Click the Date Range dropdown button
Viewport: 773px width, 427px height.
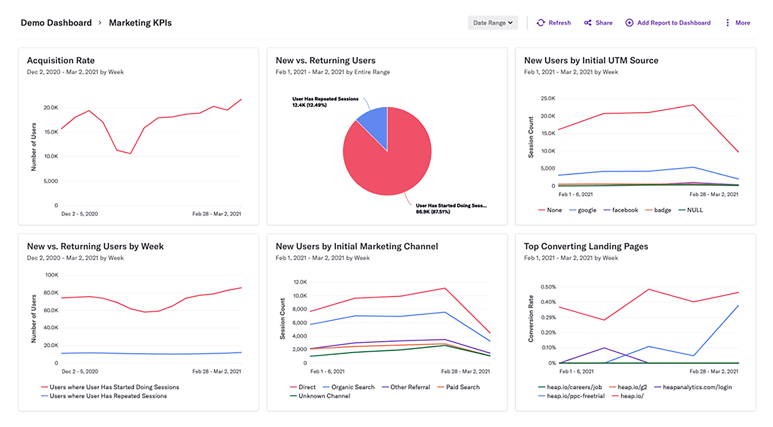pyautogui.click(x=493, y=23)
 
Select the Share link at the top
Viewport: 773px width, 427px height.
pyautogui.click(x=598, y=23)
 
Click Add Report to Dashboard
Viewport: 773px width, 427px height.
pyautogui.click(x=668, y=23)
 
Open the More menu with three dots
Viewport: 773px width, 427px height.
pyautogui.click(x=738, y=23)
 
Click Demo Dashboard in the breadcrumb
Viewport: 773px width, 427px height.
pyautogui.click(x=56, y=23)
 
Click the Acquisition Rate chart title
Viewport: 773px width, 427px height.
pyautogui.click(x=61, y=60)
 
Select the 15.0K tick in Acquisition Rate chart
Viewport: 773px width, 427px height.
pyautogui.click(x=51, y=132)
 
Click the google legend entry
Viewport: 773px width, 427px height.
pyautogui.click(x=587, y=210)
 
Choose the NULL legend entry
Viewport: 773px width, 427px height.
pyautogui.click(x=694, y=210)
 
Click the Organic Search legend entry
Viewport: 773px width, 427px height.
pyautogui.click(x=352, y=387)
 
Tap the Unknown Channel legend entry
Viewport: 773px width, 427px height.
pyautogui.click(x=324, y=396)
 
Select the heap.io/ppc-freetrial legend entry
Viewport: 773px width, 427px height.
pyautogui.click(x=575, y=396)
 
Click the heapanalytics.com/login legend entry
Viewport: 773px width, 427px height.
pyautogui.click(x=697, y=387)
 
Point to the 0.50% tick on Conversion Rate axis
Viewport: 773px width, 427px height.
pyautogui.click(x=548, y=287)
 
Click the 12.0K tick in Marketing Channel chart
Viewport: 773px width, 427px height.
pyautogui.click(x=300, y=282)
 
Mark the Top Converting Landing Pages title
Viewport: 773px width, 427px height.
pyautogui.click(x=586, y=246)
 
